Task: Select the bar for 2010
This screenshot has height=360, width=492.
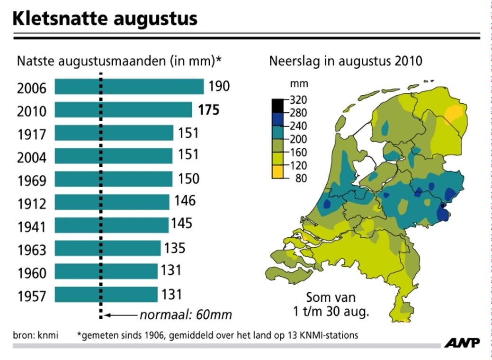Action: [x=123, y=110]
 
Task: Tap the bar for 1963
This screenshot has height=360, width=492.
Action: [x=107, y=248]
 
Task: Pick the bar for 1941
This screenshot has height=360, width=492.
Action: [x=111, y=225]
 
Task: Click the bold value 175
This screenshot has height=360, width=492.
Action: [x=209, y=110]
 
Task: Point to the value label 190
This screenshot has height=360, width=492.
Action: [x=219, y=86]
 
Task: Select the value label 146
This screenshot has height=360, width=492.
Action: [x=185, y=201]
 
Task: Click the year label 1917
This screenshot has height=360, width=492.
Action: [x=32, y=135]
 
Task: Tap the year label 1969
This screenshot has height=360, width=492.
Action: [x=32, y=180]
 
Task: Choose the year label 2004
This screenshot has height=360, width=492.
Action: [x=32, y=158]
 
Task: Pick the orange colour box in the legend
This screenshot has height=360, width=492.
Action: [x=277, y=172]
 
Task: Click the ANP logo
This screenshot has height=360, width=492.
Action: [x=462, y=342]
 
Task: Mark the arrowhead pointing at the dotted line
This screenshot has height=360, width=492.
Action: [x=107, y=315]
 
